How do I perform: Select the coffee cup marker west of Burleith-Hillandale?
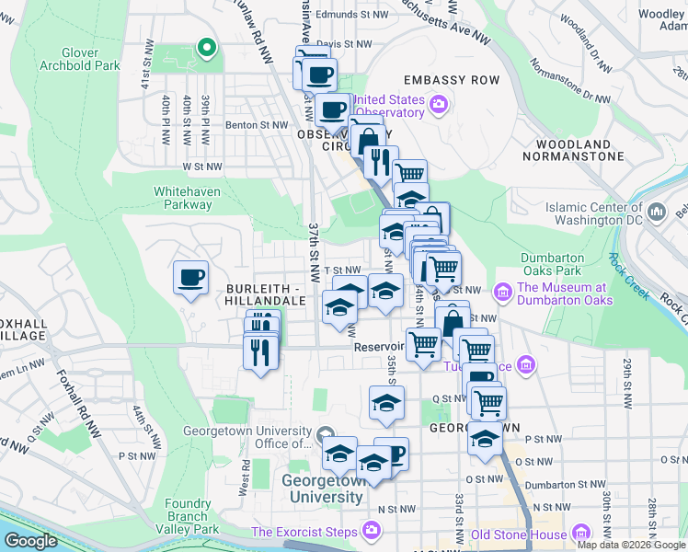pos(190,278)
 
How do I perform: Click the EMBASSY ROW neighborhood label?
pos(451,80)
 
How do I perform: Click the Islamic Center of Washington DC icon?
pos(657,213)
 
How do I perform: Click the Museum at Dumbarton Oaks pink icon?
pos(502,293)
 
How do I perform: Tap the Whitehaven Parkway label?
pos(182,198)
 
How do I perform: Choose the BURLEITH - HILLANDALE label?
pos(265,294)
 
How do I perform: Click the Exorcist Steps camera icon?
pos(371,531)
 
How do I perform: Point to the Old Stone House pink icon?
pos(581,533)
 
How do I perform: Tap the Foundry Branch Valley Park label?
pos(192,516)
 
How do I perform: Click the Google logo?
pos(31,541)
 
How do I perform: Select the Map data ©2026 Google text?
pos(630,545)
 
